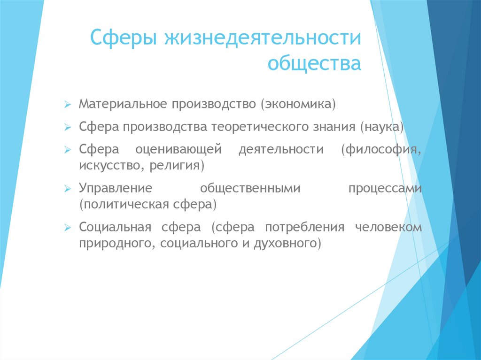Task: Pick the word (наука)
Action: [x=382, y=126]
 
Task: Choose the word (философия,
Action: [x=381, y=150]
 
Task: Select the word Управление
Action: [x=116, y=189]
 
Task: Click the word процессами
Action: [x=385, y=189]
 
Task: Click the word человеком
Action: [x=388, y=228]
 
